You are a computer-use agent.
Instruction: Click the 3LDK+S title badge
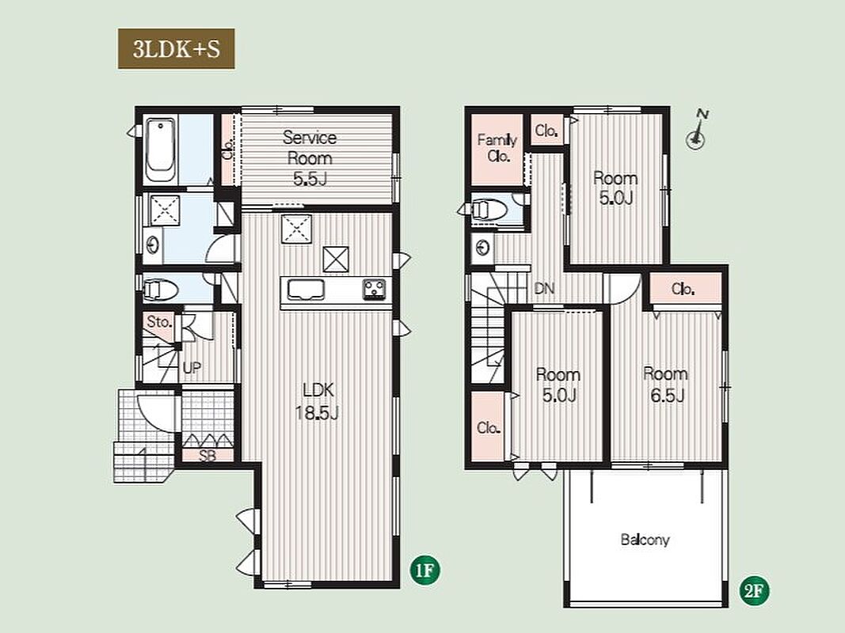point(177,49)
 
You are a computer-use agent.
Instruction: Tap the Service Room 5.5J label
point(310,157)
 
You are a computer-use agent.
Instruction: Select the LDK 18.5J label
point(318,400)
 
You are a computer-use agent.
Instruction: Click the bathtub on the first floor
point(161,150)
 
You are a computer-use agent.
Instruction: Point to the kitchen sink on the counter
point(305,290)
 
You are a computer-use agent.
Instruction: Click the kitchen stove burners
point(374,289)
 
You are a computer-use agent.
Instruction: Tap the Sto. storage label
point(159,322)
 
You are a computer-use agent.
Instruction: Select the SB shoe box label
point(207,456)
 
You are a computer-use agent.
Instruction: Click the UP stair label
point(192,368)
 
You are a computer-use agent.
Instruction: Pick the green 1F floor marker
point(425,570)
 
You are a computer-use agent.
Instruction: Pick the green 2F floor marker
point(754,591)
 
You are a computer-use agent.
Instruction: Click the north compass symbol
point(697,130)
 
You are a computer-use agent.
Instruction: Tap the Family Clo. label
point(497,148)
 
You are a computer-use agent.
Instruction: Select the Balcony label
point(645,540)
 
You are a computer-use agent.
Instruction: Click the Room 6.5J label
point(666,385)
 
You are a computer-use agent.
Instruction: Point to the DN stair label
point(544,289)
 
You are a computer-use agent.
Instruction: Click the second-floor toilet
point(489,210)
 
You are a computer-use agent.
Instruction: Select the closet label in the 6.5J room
point(683,290)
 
